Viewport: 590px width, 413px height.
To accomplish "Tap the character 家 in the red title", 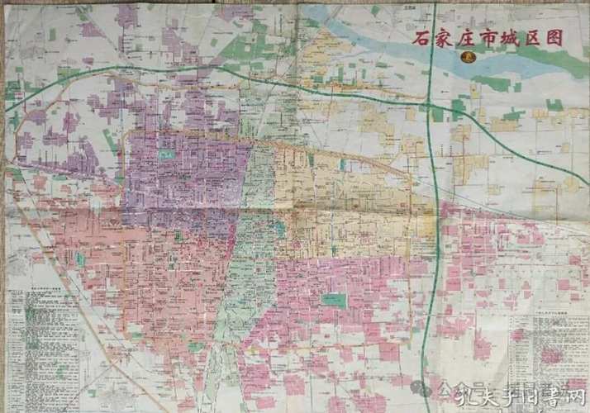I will click(445, 38).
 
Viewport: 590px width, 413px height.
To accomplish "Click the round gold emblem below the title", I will click(468, 57).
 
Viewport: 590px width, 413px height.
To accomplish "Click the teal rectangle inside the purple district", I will click(168, 154).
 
